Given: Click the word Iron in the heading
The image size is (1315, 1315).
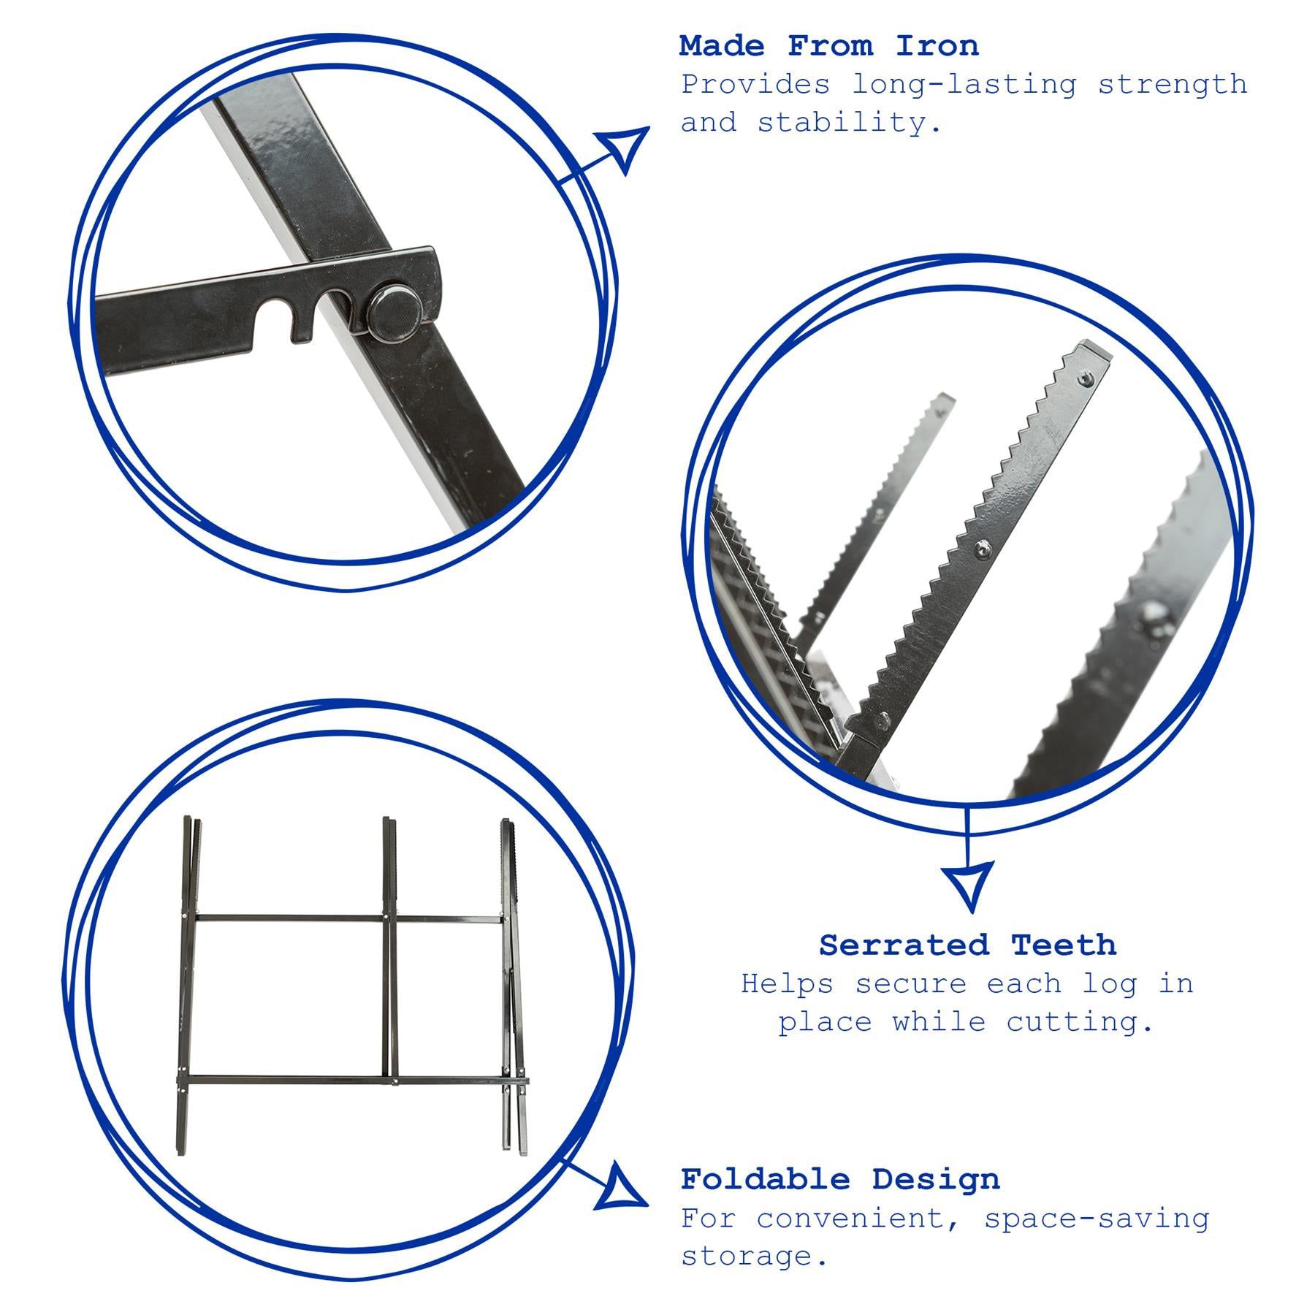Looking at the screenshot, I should point(937,46).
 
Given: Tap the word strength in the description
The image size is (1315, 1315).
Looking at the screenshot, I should point(1173,85).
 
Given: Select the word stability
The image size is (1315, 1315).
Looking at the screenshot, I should point(850,123).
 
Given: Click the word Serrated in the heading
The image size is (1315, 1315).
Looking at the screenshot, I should point(904,945).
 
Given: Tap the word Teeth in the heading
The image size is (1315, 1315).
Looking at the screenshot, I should point(1064,945).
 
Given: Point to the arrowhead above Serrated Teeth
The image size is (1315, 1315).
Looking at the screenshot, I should point(967,885).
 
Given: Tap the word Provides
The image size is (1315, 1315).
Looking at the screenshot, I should point(755,85).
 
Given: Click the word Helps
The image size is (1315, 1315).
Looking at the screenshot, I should point(786,983).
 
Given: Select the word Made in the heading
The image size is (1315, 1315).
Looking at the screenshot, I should point(721,46).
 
